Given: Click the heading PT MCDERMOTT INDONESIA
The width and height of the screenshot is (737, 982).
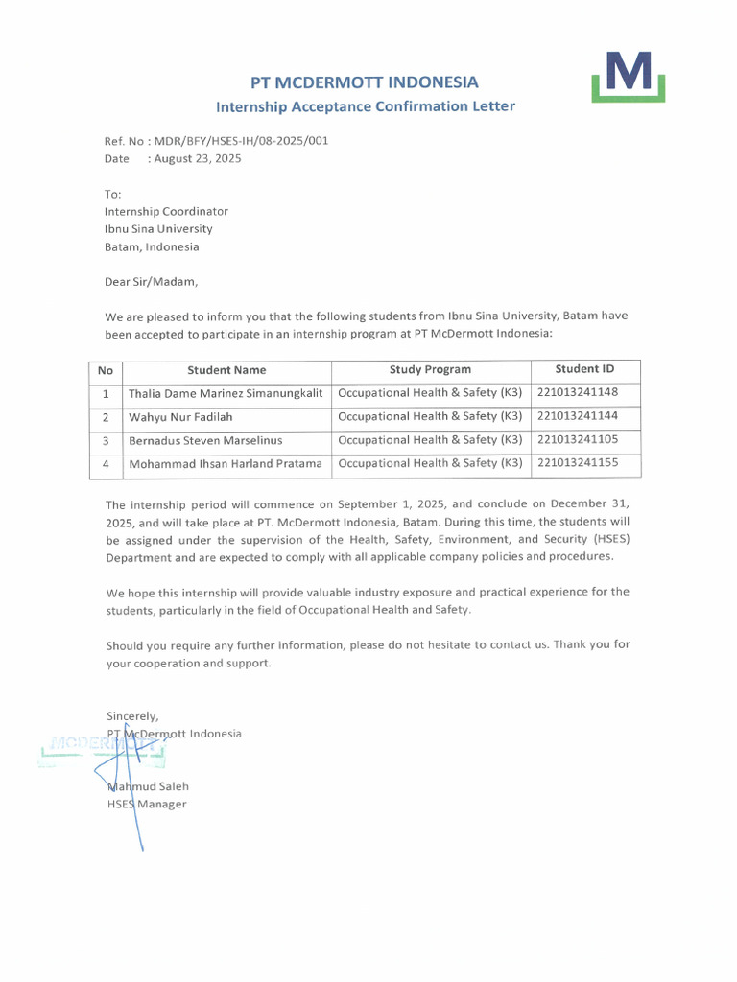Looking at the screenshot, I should [x=364, y=82].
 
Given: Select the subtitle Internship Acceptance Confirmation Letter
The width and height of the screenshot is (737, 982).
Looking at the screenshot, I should [x=365, y=106].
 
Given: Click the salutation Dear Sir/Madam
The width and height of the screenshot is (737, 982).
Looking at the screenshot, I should [x=152, y=282].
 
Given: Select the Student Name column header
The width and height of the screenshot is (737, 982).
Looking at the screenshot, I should [x=226, y=370].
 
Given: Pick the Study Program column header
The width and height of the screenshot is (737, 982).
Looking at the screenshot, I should [x=430, y=369].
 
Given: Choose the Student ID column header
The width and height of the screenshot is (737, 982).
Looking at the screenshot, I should [x=584, y=369].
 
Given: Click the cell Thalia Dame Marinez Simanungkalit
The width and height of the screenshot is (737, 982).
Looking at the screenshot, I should [x=226, y=394].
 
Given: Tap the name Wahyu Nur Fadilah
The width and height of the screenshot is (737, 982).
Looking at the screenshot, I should [x=180, y=417].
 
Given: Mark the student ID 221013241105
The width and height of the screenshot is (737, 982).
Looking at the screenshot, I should [x=578, y=440].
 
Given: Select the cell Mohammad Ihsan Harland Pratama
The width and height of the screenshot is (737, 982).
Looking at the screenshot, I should [x=226, y=464].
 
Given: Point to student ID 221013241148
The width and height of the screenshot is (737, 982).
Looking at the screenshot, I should [x=578, y=393].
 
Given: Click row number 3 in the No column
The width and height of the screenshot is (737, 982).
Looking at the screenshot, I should [x=106, y=441].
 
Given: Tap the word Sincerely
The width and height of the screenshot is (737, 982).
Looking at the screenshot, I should [x=132, y=715].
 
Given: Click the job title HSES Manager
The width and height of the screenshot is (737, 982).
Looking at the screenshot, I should [x=147, y=805].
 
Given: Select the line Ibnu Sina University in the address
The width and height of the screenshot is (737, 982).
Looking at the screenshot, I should [x=158, y=229].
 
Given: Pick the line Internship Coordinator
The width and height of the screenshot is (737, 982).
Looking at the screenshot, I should [x=166, y=211].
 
